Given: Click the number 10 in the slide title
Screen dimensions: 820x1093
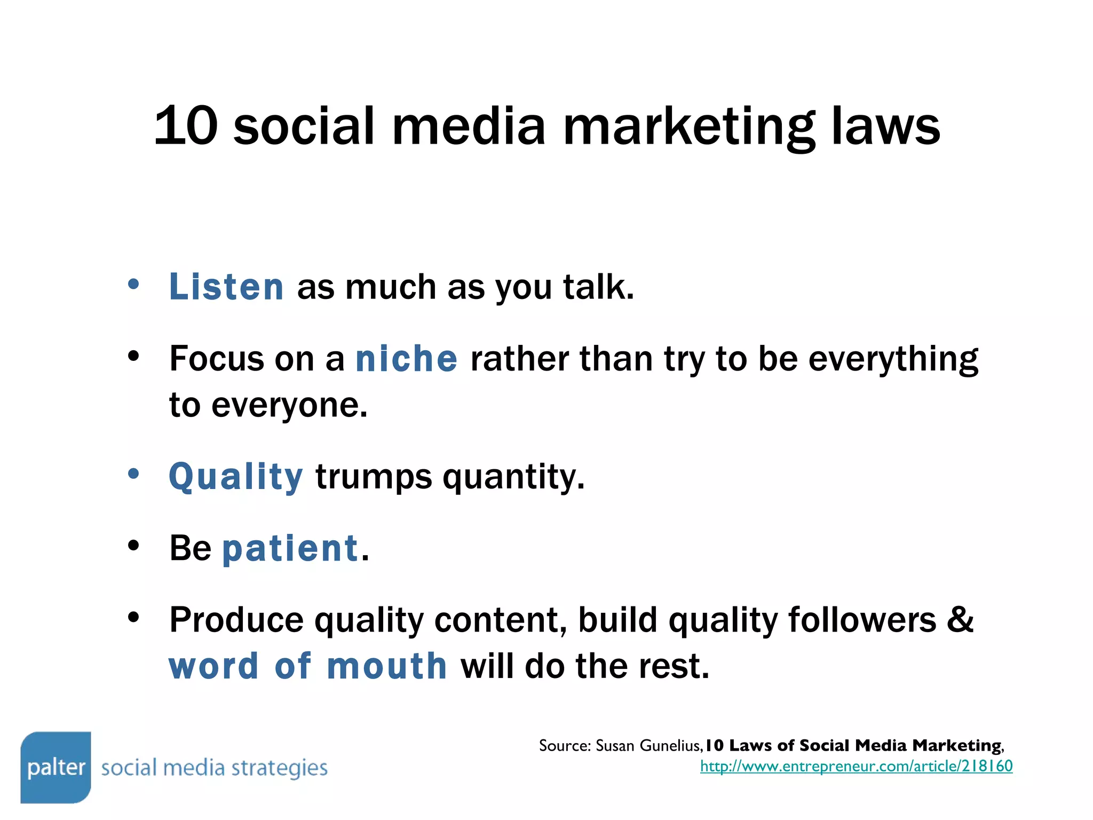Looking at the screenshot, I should (186, 126).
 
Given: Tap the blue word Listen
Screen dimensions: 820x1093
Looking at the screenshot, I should (226, 287).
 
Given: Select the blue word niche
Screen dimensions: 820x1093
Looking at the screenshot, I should (406, 359).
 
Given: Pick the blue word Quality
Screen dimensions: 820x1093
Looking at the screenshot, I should (236, 477).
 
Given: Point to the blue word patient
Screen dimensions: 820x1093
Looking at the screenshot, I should (290, 548).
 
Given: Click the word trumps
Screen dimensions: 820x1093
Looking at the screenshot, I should (374, 477).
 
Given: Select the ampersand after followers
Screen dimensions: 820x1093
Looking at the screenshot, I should (961, 620).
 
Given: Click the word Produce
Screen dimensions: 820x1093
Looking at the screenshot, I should (236, 620).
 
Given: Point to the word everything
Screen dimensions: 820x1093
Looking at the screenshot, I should (893, 359).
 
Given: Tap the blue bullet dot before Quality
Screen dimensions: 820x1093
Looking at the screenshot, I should (133, 473).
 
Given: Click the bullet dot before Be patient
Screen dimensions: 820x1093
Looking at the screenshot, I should (133, 545).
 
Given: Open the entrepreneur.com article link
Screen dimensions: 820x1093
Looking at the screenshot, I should (856, 767).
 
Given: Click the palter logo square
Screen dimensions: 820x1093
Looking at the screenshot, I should (56, 767).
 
